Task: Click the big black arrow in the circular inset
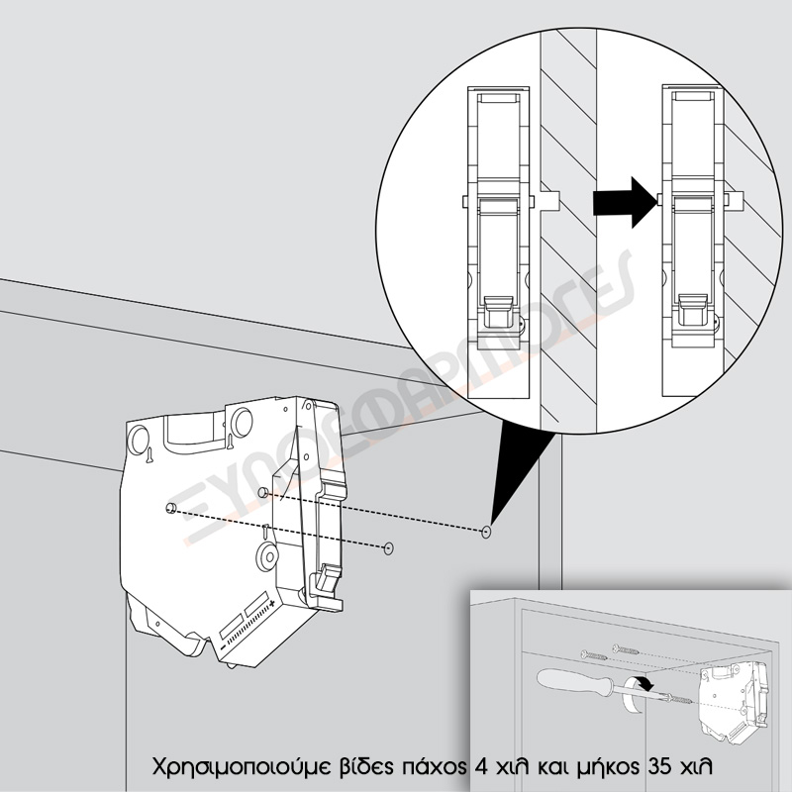coord(625,202)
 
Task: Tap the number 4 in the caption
coord(482,766)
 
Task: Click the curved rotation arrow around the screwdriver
coord(637,694)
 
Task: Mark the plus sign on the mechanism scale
coord(272,603)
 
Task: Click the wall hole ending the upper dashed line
coord(486,532)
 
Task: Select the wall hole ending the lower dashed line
coord(388,548)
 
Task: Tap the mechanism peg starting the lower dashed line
coord(170,508)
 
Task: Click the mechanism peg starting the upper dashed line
coord(262,492)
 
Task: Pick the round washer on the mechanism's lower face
coord(266,556)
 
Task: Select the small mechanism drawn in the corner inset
coord(734,703)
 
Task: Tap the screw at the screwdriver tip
coord(679,700)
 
